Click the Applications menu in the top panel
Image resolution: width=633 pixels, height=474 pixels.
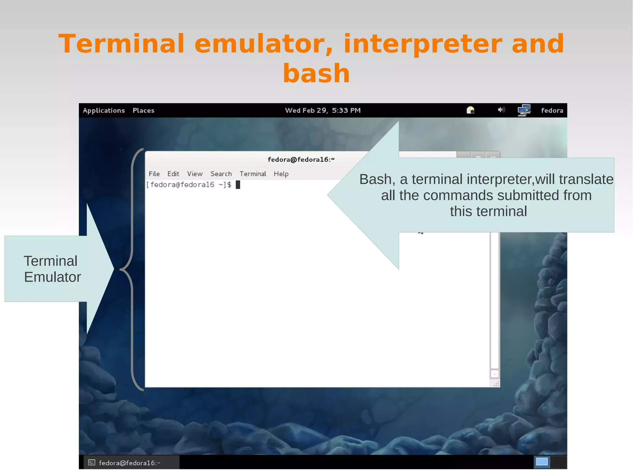coord(104,110)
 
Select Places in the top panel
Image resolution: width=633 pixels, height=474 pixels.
coord(143,110)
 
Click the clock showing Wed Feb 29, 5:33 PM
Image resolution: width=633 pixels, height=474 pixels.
coord(323,110)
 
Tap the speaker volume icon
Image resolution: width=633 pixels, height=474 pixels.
coord(501,110)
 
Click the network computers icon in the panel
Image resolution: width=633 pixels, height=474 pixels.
coord(524,110)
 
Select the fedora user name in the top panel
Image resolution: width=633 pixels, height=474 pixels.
coord(552,110)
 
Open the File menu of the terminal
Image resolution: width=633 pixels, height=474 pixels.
coord(154,174)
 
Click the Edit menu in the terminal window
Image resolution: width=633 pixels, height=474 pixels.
coord(173,174)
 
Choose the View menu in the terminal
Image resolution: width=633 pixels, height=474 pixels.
coord(195,174)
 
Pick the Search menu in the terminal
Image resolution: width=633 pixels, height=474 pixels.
coord(221,174)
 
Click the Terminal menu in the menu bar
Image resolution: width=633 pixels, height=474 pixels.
coord(253,174)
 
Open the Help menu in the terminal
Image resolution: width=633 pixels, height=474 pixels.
coord(281,174)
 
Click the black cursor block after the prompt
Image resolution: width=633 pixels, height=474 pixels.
coord(238,185)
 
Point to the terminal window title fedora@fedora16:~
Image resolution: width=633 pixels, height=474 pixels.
coord(301,159)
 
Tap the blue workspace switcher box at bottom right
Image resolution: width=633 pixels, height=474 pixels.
coord(542,462)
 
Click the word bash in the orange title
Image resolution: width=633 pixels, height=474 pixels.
coord(316,73)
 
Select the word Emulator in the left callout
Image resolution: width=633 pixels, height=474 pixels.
coord(53,277)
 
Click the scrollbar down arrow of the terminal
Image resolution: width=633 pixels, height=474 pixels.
coord(495,374)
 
